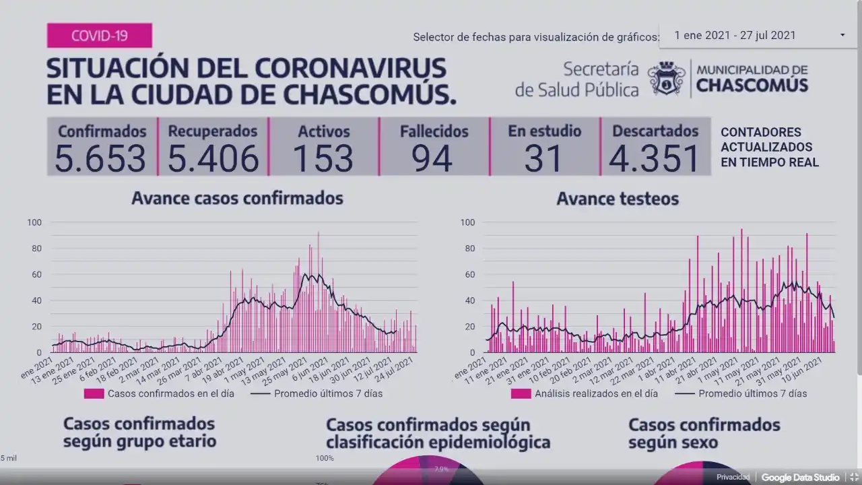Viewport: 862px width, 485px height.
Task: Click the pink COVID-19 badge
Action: pos(99,36)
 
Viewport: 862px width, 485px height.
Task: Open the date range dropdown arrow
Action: pos(842,35)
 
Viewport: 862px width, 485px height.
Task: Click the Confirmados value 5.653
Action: pos(100,159)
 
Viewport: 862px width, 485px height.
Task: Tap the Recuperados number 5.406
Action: pos(213,159)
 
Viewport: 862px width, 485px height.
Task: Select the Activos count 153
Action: pos(323,159)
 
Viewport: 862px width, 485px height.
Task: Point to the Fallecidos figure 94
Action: pos(432,159)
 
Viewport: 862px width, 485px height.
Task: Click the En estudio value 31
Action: pos(543,159)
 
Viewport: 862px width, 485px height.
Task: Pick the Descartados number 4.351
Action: pos(655,159)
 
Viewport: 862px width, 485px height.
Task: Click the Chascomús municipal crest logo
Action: pos(667,79)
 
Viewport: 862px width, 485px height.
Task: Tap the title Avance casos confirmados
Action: pos(237,198)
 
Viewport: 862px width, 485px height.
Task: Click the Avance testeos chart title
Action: pos(617,199)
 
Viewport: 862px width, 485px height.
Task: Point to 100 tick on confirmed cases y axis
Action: pos(34,222)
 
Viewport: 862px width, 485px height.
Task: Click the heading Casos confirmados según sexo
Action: pos(704,433)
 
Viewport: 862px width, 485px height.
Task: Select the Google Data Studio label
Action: pos(800,477)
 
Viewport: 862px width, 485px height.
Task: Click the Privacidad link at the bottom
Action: pos(733,477)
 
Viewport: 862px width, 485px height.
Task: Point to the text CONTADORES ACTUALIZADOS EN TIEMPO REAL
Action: pos(769,147)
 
